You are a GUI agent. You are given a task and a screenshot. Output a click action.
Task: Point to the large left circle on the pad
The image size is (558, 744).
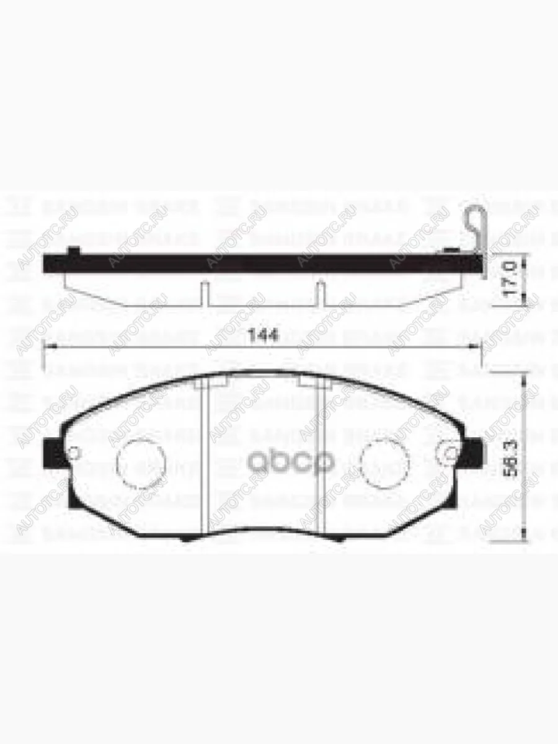click(x=142, y=461)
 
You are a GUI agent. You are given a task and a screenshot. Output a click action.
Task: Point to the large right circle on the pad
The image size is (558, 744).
click(x=384, y=462)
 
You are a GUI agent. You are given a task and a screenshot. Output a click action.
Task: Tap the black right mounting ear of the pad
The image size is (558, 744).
click(x=474, y=453)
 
